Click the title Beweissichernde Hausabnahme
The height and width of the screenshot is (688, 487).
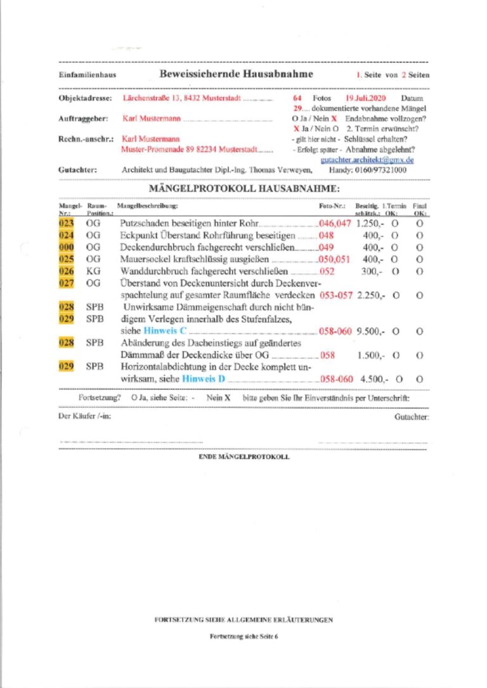(x=237, y=74)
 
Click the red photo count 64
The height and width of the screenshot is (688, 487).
(x=297, y=99)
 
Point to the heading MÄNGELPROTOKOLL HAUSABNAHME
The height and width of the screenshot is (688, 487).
(x=244, y=189)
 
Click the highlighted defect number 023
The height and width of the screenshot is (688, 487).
(x=67, y=224)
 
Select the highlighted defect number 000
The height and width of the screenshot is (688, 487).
(x=67, y=247)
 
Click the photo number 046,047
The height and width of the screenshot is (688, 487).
(x=335, y=224)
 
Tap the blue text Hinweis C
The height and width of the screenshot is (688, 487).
(x=165, y=331)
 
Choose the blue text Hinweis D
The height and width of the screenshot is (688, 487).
(x=204, y=379)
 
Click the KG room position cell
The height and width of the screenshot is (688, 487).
(x=93, y=271)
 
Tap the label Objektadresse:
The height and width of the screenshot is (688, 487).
(x=86, y=99)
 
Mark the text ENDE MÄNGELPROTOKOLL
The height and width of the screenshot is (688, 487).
(x=244, y=457)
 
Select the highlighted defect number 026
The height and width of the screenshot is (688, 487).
(x=67, y=271)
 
